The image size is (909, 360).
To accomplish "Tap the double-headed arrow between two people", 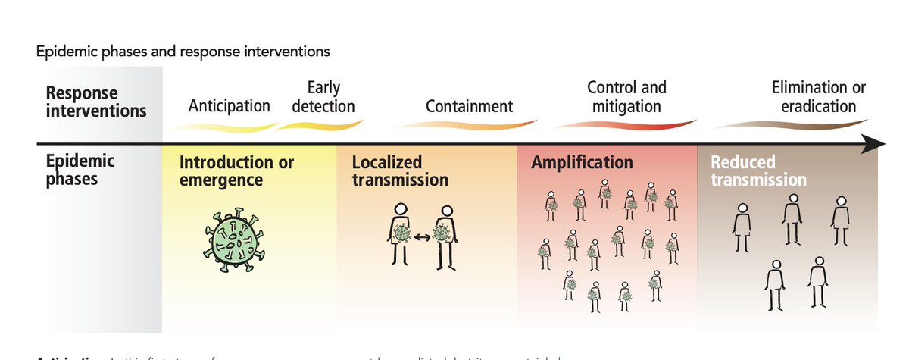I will [x=422, y=237].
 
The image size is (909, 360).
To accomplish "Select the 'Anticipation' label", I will [x=229, y=106].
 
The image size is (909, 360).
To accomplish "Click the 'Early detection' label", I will [x=323, y=97].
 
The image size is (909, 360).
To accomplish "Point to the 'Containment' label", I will [x=469, y=106].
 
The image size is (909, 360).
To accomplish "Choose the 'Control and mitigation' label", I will [x=626, y=97].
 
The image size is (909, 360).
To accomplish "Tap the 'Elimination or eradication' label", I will [x=818, y=97].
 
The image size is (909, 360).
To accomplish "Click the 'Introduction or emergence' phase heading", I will [x=236, y=171].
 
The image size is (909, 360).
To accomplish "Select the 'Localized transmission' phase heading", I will [x=400, y=171].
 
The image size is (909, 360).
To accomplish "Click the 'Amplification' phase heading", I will [x=582, y=163].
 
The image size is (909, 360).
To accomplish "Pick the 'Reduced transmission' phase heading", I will [x=757, y=171].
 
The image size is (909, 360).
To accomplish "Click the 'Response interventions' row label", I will [x=95, y=102].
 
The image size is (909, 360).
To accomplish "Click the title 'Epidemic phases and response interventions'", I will [x=183, y=52].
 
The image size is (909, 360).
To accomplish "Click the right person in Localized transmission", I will [x=446, y=235].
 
